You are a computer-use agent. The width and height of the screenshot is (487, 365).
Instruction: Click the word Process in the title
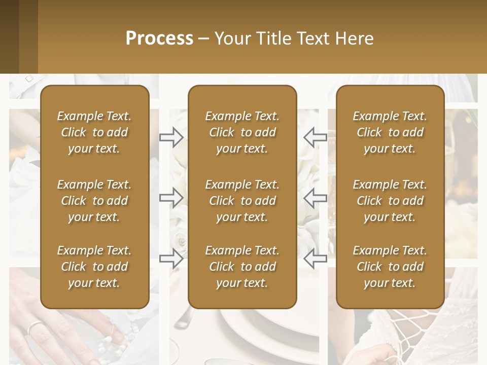pyautogui.click(x=159, y=39)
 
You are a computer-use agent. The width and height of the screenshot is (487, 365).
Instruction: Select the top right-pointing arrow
pyautogui.click(x=171, y=137)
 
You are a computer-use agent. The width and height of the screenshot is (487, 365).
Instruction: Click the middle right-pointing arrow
pyautogui.click(x=171, y=198)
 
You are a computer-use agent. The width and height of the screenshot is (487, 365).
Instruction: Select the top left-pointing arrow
pyautogui.click(x=315, y=137)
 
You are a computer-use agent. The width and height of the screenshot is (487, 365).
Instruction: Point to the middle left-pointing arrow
pyautogui.click(x=315, y=198)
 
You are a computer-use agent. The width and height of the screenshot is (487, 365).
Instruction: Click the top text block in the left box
pyautogui.click(x=94, y=132)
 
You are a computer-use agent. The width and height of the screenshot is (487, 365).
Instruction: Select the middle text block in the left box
pyautogui.click(x=94, y=201)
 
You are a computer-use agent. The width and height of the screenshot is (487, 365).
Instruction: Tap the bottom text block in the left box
pyautogui.click(x=94, y=267)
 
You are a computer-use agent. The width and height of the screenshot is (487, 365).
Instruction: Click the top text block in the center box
pyautogui.click(x=242, y=132)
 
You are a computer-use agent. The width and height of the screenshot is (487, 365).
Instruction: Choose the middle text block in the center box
pyautogui.click(x=242, y=201)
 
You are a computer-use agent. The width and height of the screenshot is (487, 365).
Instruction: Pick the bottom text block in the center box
pyautogui.click(x=242, y=267)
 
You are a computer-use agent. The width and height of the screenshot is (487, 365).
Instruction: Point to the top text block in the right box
pyautogui.click(x=390, y=132)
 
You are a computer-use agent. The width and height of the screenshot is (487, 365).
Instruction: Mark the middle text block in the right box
pyautogui.click(x=390, y=201)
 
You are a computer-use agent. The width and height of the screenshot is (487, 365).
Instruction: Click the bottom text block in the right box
pyautogui.click(x=390, y=267)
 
